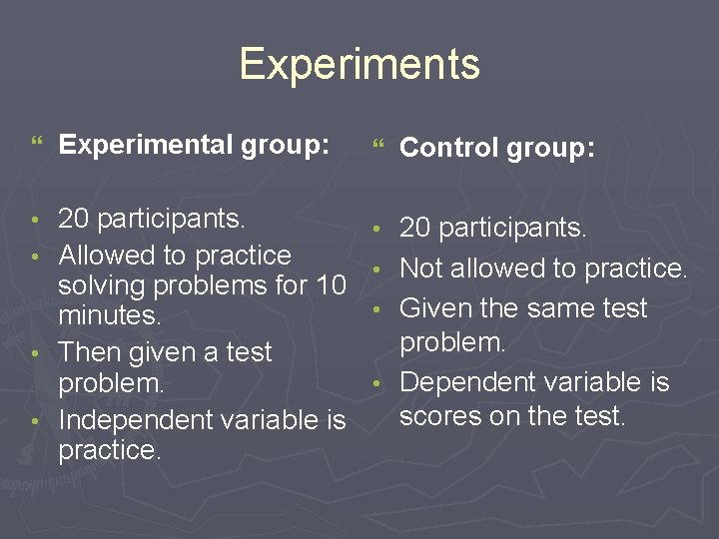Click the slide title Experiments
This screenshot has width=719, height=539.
pos(359,64)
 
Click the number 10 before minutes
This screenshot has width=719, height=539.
pos(331,285)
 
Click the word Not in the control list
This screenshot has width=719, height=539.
pos(420,269)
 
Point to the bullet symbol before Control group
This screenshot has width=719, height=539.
pos(376,147)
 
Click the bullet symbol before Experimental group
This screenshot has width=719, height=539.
pos(36,145)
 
